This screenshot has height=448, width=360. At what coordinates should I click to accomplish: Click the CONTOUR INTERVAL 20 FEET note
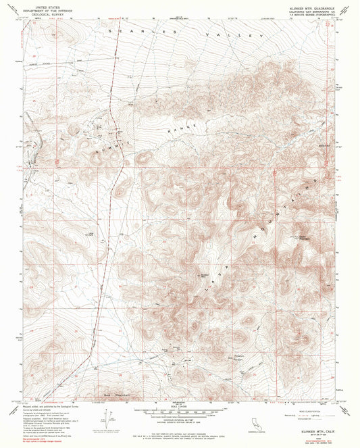(x=180, y=419)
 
